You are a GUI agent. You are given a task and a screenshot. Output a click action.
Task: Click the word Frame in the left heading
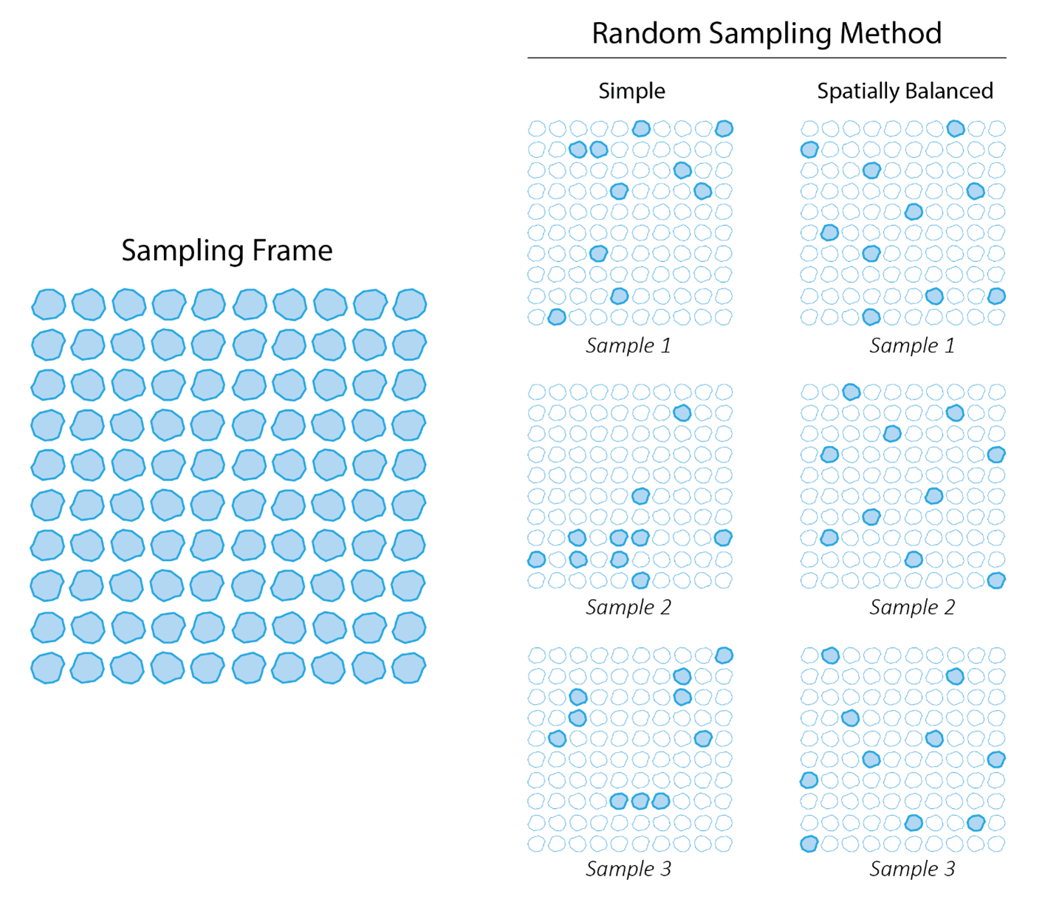pos(292,251)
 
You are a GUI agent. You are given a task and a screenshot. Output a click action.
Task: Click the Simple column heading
pos(631,92)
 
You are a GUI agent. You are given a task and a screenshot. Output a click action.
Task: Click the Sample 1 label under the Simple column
pos(628,345)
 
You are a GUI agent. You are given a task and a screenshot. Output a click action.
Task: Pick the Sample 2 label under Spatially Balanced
pos(912,607)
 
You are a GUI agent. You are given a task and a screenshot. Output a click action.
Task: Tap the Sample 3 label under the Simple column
pos(628,869)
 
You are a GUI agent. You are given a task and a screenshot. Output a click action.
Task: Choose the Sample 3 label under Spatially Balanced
pos(912,869)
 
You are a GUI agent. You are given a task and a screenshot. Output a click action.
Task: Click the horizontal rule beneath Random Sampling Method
pos(767,58)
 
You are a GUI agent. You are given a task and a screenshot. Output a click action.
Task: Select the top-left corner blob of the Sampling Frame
pos(49,304)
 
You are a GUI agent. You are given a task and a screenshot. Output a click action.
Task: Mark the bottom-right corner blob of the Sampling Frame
pos(408,668)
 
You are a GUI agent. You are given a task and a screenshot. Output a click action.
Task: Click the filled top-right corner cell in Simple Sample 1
pos(724,128)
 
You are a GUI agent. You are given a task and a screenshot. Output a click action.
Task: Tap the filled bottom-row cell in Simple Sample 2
pos(640,580)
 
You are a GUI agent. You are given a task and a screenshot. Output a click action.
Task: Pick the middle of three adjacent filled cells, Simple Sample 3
pos(640,801)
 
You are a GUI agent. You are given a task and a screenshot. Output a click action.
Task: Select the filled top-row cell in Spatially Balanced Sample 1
pos(955,128)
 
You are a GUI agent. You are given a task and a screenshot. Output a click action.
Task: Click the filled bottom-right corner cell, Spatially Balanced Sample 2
pos(996,580)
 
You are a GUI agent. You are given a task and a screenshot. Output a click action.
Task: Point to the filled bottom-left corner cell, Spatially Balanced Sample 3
pos(809,843)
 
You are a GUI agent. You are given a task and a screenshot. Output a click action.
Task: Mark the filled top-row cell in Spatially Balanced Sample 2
pos(851,391)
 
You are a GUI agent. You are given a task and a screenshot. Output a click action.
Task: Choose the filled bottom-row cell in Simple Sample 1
pos(557,317)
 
